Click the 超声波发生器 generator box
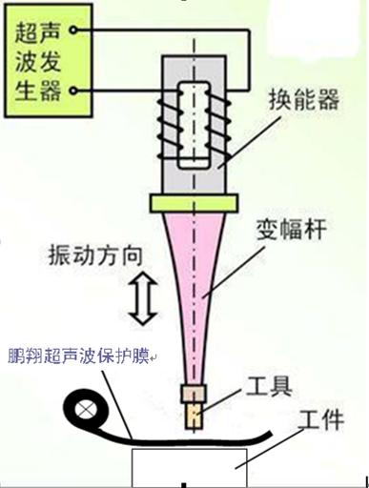49,60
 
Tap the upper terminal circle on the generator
73,30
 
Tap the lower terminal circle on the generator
73,91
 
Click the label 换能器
304,99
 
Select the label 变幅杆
292,230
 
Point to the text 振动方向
95,255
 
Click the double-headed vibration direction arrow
143,298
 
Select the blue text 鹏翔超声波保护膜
78,356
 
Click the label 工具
269,387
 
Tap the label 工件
321,419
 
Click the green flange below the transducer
194,203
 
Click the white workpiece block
190,467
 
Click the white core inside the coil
194,125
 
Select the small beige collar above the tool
194,394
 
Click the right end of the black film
270,433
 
